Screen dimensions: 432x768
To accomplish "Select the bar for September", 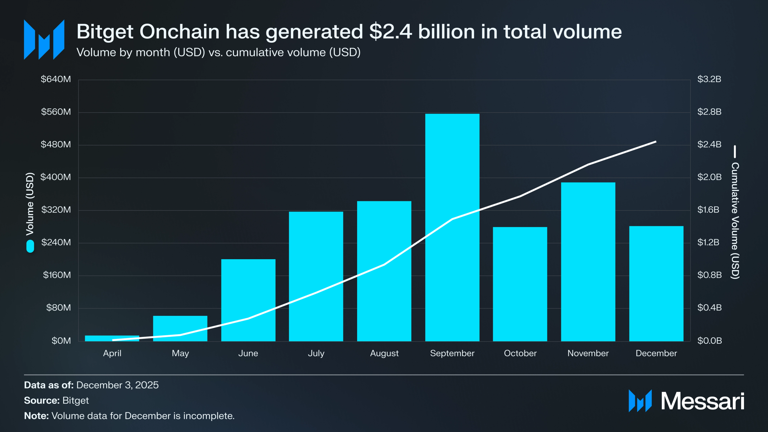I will (452, 227).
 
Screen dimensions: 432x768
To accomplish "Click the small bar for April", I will (112, 338).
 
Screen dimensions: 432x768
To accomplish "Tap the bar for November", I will (588, 262).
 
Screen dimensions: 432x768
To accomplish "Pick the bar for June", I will (248, 300).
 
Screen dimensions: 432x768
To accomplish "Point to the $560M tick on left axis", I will (56, 112).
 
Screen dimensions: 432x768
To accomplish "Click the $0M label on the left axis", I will (61, 341).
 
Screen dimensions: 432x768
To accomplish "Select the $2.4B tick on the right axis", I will (709, 144).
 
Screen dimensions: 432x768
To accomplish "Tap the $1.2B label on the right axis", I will (708, 242).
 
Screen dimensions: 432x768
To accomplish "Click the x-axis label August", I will (384, 353).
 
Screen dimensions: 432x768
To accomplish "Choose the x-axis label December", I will (656, 353).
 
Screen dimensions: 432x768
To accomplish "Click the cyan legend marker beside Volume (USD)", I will (30, 246).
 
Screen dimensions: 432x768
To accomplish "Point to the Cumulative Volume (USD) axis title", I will (735, 220).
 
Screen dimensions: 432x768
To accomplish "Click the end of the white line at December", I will (656, 142).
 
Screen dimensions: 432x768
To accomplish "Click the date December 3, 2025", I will (117, 385).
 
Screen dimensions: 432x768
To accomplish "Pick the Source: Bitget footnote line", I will (56, 400).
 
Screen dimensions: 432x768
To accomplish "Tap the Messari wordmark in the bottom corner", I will (702, 401).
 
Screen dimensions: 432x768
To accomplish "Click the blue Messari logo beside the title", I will (44, 39).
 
